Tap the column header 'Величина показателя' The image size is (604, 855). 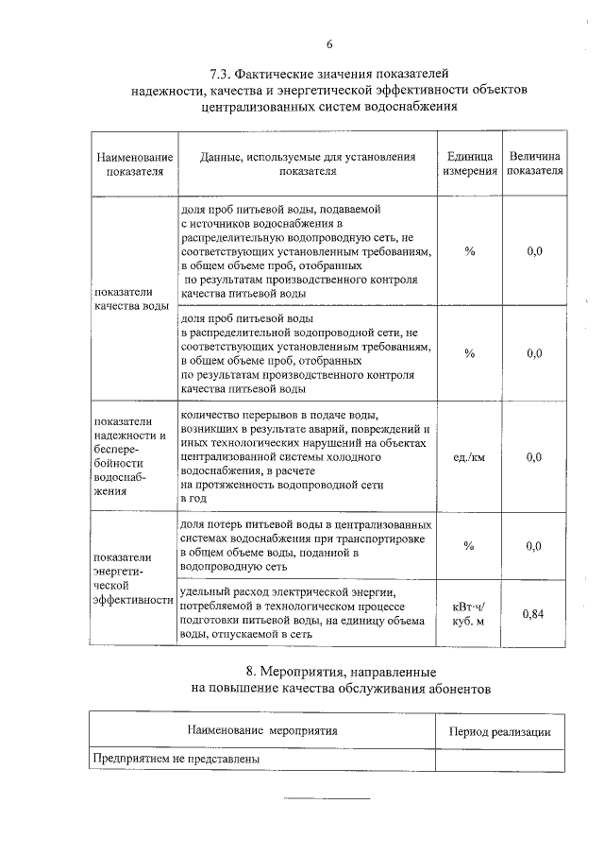(x=534, y=163)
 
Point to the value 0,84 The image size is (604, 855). (x=534, y=613)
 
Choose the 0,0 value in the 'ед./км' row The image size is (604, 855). (x=534, y=457)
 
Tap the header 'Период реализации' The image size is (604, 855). (x=499, y=731)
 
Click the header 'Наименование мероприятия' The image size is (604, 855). (x=262, y=730)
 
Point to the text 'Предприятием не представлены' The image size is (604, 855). (x=176, y=759)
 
